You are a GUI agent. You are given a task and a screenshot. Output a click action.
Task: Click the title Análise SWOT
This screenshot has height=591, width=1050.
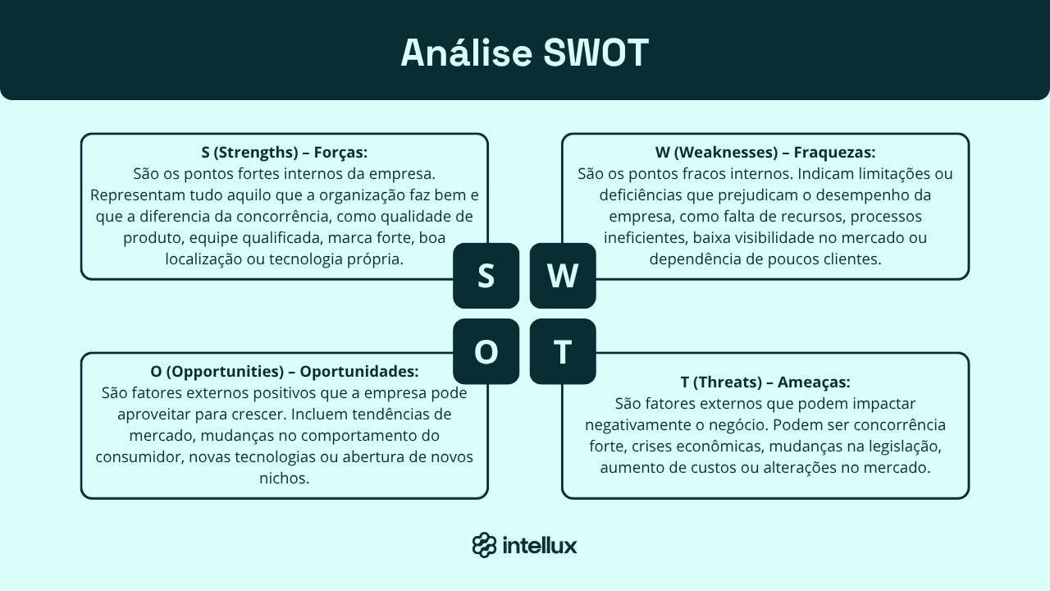click(x=524, y=53)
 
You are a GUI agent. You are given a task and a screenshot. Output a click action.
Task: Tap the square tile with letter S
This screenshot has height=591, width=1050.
click(x=486, y=276)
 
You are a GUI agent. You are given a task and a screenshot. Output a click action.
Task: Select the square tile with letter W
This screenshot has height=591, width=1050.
click(x=563, y=276)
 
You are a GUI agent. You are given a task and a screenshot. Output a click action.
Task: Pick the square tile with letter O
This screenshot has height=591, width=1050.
click(x=486, y=351)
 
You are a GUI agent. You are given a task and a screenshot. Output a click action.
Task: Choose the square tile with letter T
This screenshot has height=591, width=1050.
click(x=563, y=351)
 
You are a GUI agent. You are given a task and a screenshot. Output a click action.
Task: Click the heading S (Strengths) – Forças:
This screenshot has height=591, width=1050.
click(x=284, y=153)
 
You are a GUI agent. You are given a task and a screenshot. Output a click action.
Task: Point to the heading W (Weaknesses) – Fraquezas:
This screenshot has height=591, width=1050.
click(x=765, y=153)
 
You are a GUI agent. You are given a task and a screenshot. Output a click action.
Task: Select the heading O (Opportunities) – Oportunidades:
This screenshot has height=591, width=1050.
click(x=284, y=371)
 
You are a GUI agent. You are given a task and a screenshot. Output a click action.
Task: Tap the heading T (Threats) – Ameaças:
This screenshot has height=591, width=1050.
click(x=765, y=383)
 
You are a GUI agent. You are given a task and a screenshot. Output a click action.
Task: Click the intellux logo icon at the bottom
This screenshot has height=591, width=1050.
click(x=484, y=545)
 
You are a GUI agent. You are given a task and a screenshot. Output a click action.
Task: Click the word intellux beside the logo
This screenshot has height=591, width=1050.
click(x=539, y=545)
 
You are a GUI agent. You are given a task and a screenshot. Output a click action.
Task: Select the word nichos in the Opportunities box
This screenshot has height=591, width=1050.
click(x=284, y=478)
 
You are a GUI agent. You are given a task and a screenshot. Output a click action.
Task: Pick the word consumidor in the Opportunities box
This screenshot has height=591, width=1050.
click(x=139, y=456)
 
